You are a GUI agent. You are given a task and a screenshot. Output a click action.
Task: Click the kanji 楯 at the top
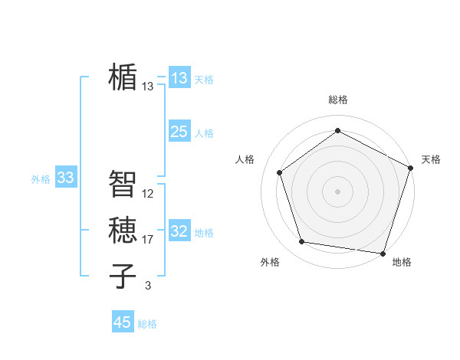coord(123,77)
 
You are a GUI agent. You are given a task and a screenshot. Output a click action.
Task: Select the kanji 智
coord(123,184)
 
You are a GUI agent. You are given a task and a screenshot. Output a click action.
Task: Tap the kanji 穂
coord(123,230)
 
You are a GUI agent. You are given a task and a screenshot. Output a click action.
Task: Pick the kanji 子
coord(123,276)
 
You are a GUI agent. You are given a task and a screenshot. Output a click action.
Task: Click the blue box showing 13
coord(179,78)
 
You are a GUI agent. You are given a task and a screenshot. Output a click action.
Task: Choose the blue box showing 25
coord(179,132)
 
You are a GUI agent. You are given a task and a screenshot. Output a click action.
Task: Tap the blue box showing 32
coord(179,231)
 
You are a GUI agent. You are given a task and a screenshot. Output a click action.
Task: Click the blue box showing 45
coord(123,322)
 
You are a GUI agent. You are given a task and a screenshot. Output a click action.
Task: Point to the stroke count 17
coord(148,240)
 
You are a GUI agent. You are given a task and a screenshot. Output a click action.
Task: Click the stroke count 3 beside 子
coord(148,286)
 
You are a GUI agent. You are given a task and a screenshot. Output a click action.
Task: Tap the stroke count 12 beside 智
coord(148,194)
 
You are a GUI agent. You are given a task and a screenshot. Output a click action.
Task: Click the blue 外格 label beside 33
coord(41,179)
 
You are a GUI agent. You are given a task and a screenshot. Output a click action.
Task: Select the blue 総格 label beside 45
coord(147,324)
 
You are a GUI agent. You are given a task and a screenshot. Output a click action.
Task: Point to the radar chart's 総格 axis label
coord(337,100)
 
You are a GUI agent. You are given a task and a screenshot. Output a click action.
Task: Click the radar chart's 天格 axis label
coord(431,159)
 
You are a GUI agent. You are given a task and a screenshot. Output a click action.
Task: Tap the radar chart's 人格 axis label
coord(245,159)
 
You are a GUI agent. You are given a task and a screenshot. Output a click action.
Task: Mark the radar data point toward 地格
coord(383,253)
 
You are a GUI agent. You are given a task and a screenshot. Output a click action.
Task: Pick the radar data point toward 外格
coord(302,242)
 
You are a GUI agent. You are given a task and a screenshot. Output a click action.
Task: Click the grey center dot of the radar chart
coord(337,191)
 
